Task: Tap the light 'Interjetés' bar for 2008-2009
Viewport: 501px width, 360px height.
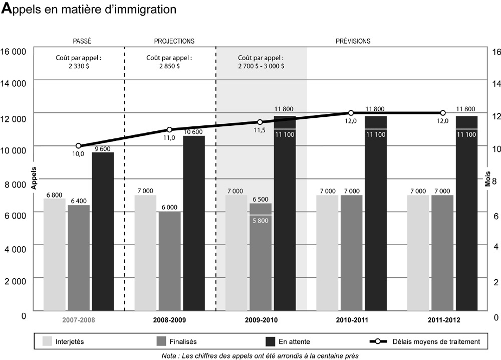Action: [145, 253]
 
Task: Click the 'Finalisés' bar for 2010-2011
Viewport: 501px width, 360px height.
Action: [351, 253]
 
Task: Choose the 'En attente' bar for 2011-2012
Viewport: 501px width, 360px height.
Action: [466, 213]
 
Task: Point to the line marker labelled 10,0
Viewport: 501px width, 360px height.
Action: [79, 146]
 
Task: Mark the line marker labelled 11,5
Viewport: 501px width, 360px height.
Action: [260, 122]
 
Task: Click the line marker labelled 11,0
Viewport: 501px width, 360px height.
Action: [169, 130]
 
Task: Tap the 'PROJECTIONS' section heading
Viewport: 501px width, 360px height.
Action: [174, 41]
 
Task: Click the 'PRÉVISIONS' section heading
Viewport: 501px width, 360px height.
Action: [353, 41]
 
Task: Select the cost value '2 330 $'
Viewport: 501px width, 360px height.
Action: [79, 66]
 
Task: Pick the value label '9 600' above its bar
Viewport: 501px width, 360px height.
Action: [103, 148]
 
